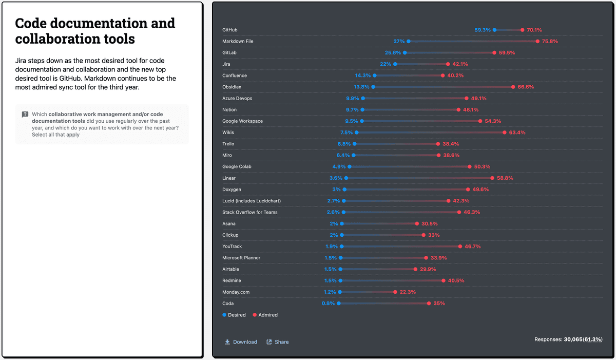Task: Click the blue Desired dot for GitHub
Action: [495, 30]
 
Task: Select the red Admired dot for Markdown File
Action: [537, 41]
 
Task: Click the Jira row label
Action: [226, 64]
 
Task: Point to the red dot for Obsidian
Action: [513, 87]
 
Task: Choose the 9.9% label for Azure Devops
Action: [352, 98]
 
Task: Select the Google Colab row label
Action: [237, 166]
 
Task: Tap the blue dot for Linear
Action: [346, 178]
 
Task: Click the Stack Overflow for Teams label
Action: [250, 212]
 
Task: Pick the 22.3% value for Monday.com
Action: [408, 292]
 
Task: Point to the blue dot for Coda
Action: [339, 303]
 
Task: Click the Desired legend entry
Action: [234, 315]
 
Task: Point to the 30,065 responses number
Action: [573, 339]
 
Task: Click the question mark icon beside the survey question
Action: [25, 115]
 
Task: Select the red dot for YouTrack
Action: [460, 246]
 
